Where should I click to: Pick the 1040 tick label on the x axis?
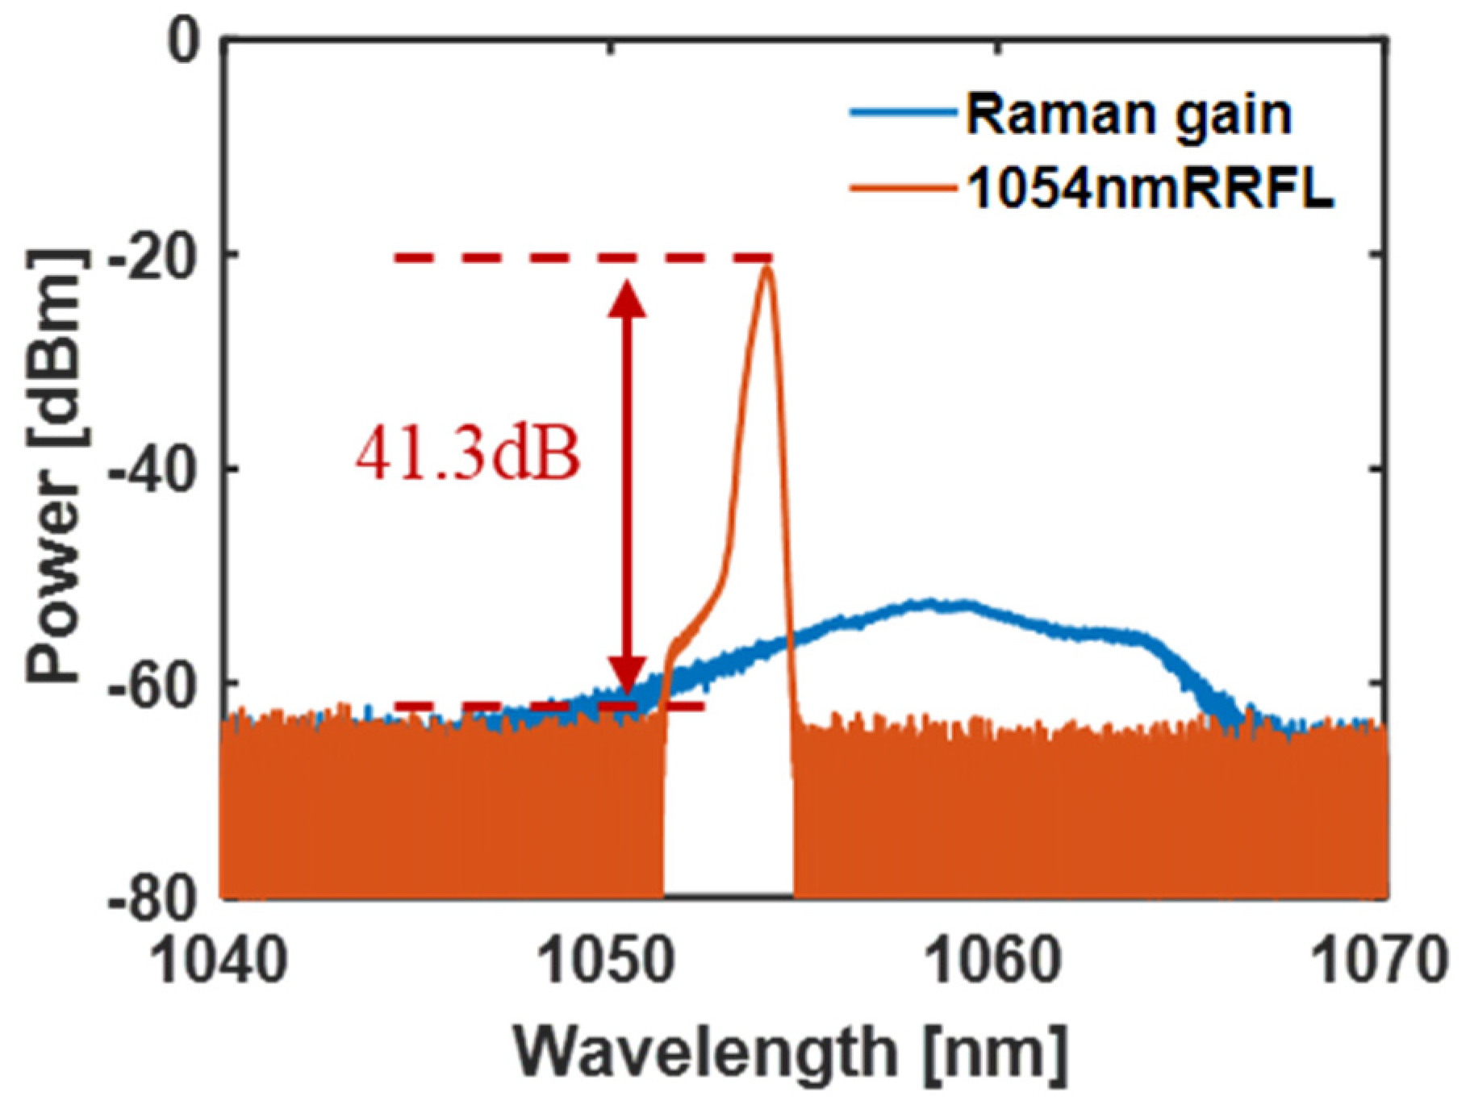tap(219, 961)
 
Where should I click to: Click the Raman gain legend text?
tap(1129, 115)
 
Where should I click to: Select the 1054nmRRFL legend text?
tap(1150, 190)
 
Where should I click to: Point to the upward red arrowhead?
tap(626, 297)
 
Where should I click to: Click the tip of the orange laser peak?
tap(766, 266)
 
